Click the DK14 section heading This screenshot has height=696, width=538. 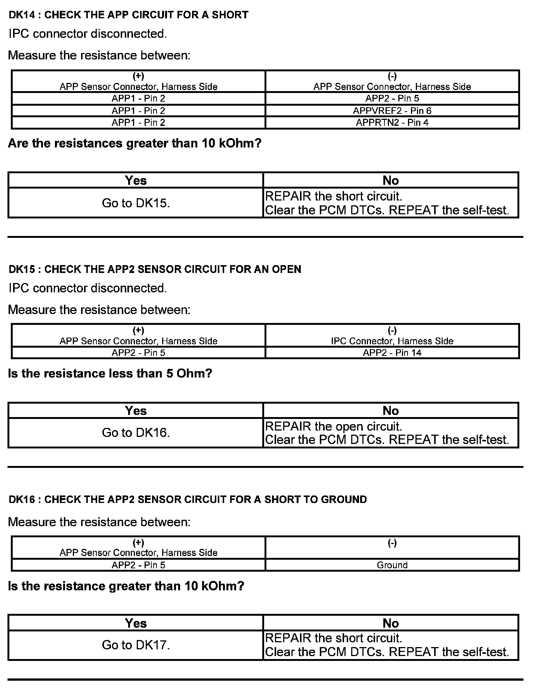coord(128,15)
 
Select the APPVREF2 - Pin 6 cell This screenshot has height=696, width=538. coord(392,111)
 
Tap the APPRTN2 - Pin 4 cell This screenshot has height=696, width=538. coord(392,122)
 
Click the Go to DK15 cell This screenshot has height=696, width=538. coord(136,203)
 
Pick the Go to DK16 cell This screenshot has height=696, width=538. coord(136,432)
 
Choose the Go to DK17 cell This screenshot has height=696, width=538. coord(136,645)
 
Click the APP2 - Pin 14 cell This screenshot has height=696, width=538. coord(392,352)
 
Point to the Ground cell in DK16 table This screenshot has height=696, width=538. coord(392,565)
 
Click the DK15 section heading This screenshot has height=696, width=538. coord(155,269)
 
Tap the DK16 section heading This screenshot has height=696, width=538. coord(188,500)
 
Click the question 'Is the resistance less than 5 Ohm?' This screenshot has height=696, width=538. coord(110,373)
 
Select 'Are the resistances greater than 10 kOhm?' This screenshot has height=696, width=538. coord(134,143)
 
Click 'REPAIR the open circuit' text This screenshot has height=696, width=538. coord(333,426)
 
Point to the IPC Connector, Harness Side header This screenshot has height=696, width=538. coord(392,341)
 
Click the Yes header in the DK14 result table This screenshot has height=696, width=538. coord(136,180)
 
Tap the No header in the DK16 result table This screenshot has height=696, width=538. coord(391,623)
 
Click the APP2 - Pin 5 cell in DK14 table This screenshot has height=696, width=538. coord(392,98)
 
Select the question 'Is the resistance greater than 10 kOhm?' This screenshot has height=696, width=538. coord(126,586)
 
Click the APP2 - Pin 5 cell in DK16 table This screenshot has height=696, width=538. coord(138,565)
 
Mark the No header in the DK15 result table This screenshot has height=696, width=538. coord(391,410)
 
